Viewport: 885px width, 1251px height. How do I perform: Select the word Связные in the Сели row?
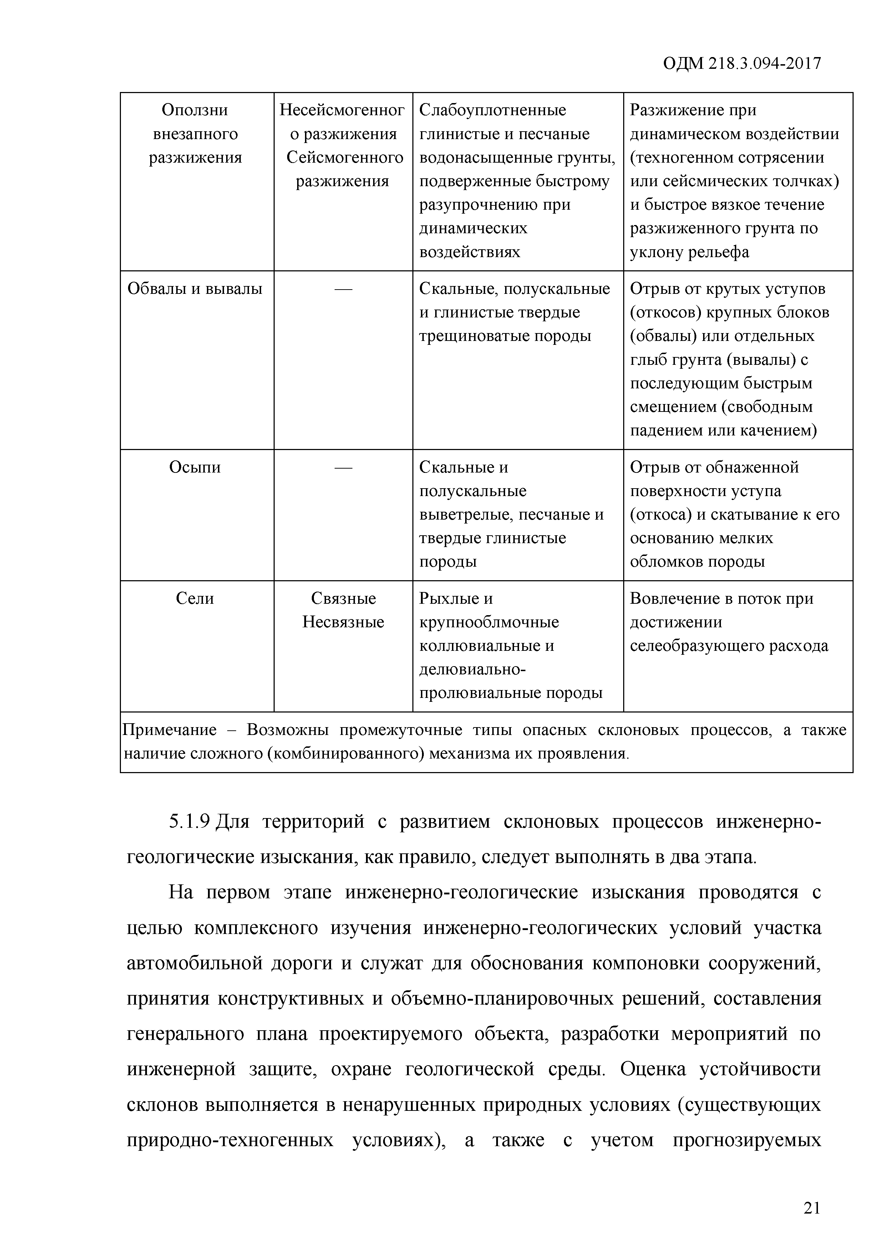[343, 598]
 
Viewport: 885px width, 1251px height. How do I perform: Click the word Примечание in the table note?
[169, 730]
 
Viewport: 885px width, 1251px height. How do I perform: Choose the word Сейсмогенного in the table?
[345, 158]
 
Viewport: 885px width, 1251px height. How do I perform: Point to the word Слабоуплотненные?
[493, 110]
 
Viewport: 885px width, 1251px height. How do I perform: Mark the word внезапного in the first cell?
[195, 134]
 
